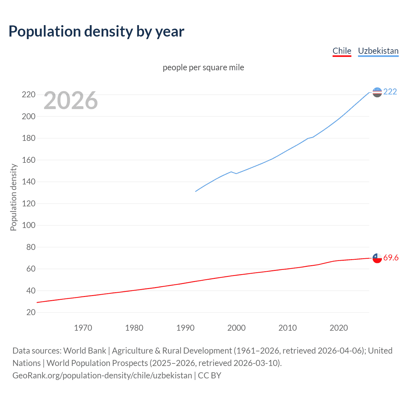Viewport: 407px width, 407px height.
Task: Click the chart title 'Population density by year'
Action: [96, 31]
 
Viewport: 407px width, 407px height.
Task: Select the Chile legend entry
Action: [342, 51]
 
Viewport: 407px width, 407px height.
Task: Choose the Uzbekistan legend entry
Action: [378, 51]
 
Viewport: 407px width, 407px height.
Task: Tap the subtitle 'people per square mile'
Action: [203, 67]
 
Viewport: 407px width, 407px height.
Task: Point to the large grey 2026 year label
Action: [71, 100]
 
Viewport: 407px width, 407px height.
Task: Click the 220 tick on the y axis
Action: [29, 95]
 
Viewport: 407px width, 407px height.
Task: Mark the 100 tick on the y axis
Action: [29, 225]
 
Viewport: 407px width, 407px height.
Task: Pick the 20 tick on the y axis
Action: [31, 312]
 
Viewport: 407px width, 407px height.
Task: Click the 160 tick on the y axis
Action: [29, 160]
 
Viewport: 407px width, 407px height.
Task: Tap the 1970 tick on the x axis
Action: [83, 328]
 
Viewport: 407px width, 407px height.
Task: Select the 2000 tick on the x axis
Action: [236, 328]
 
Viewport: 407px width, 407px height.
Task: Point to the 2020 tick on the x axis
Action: [339, 328]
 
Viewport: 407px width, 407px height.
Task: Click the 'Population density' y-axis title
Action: [13, 197]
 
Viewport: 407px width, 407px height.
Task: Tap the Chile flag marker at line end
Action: [377, 258]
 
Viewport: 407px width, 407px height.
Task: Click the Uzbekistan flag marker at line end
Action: [377, 92]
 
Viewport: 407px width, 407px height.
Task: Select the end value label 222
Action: [390, 92]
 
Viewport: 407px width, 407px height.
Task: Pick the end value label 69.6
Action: [391, 258]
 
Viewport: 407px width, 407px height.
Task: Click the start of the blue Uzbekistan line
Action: [196, 191]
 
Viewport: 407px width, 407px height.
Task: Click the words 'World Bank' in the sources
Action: [85, 350]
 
